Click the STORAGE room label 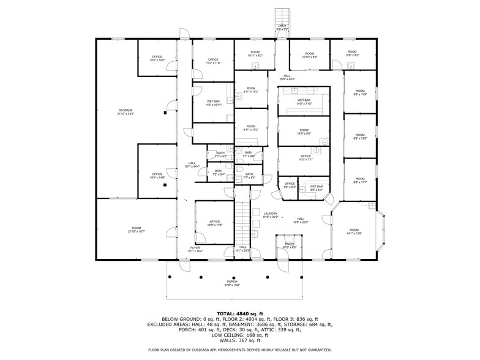pos(125,112)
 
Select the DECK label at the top pos(282,27)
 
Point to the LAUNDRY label pos(271,216)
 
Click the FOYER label pos(194,249)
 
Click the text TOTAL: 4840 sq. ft pos(239,313)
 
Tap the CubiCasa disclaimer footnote pos(239,350)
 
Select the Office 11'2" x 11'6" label pos(212,61)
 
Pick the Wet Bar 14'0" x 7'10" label pos(304,102)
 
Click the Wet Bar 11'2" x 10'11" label pos(212,103)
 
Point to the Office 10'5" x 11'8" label pos(214,223)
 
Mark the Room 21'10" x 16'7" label pos(136,230)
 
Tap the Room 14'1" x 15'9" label pos(354,231)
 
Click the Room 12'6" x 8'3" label pos(352,53)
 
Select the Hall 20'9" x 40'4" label pos(287,77)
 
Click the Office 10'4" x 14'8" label pos(157,176)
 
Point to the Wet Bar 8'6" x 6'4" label pos(316,188)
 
